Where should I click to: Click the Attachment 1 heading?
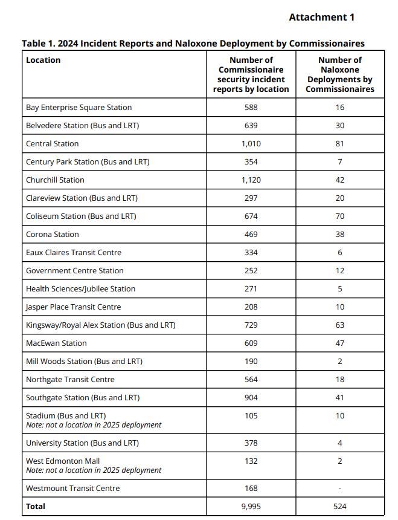[x=321, y=17]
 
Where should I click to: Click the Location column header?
[x=43, y=60]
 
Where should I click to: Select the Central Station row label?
[x=53, y=144]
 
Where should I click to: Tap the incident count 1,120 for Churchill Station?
[x=251, y=180]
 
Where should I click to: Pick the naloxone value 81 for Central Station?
[x=340, y=144]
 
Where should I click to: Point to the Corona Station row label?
[x=53, y=235]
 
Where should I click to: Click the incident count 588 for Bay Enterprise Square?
[x=251, y=108]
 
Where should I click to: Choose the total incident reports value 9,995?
[x=251, y=507]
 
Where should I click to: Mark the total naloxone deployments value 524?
[x=340, y=507]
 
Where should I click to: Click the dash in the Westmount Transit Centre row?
[x=340, y=489]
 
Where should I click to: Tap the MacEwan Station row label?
[x=56, y=343]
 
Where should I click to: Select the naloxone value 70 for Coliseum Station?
[x=340, y=216]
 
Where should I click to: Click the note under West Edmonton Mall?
[x=94, y=470]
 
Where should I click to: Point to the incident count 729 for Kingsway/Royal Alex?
[x=251, y=325]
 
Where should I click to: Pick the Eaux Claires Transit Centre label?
[x=74, y=253]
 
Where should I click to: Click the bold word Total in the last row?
[x=36, y=507]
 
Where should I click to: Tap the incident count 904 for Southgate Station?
[x=251, y=398]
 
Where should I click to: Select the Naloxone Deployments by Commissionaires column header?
[x=340, y=74]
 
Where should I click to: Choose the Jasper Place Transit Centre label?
[x=73, y=307]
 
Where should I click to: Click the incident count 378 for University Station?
[x=251, y=443]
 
